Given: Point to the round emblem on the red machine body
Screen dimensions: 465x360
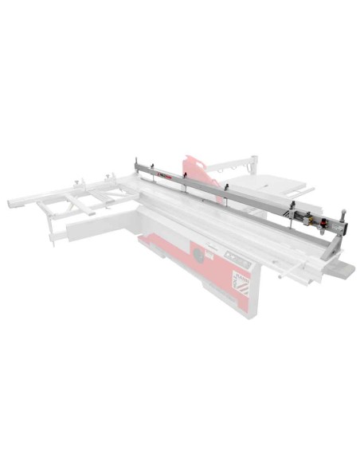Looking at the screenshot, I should pyautogui.click(x=197, y=256).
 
